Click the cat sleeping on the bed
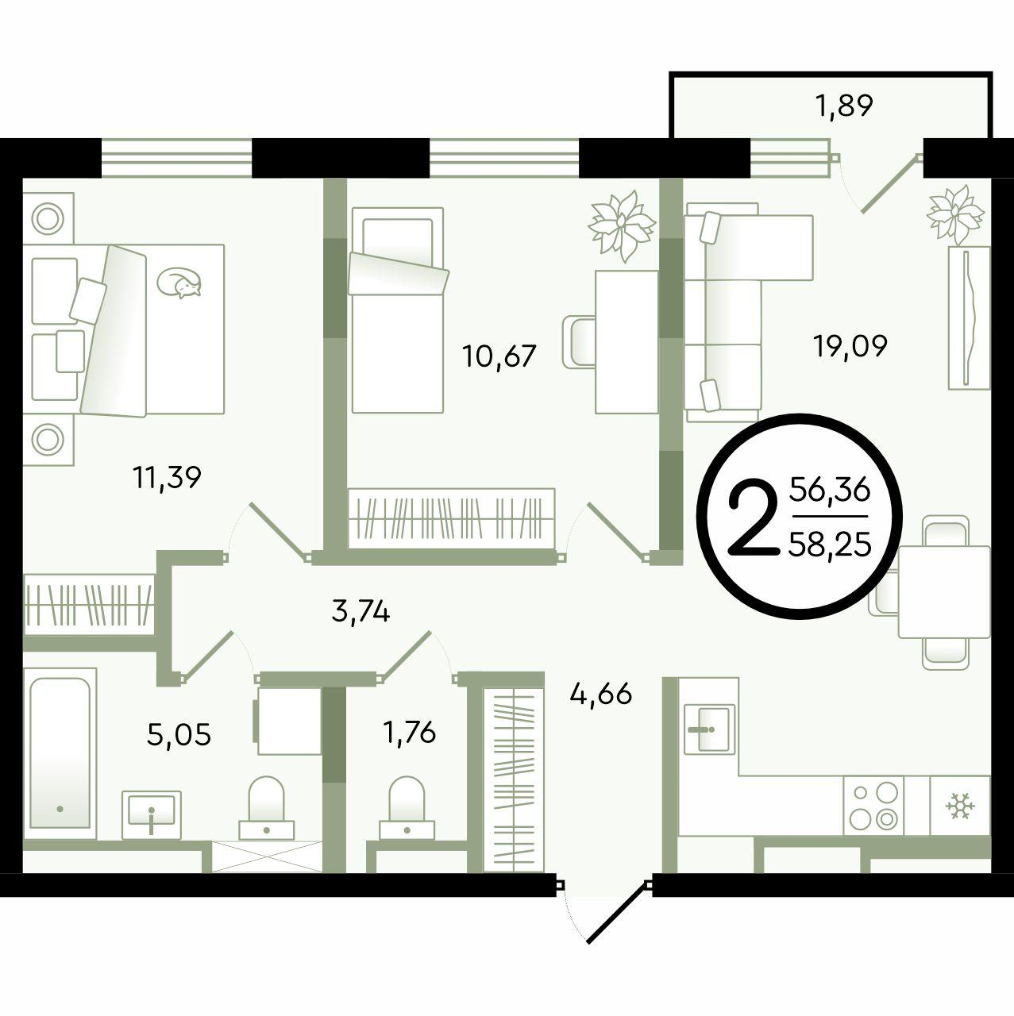click(x=180, y=282)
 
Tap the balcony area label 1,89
click(x=846, y=106)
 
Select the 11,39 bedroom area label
click(x=167, y=478)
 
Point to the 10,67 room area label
click(x=499, y=356)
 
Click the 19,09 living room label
click(x=850, y=346)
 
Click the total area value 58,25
click(x=829, y=545)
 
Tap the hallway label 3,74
click(x=360, y=613)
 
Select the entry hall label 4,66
click(x=601, y=695)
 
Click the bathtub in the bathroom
click(x=60, y=753)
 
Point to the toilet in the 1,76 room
click(x=407, y=807)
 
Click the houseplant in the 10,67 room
click(x=622, y=225)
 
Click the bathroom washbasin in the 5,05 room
click(x=152, y=814)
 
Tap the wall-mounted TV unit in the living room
click(x=969, y=318)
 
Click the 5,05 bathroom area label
click(x=179, y=734)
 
